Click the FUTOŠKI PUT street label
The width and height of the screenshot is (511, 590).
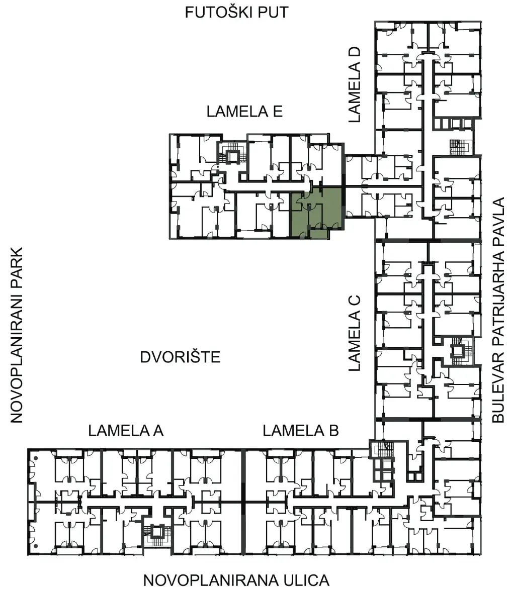tap(236, 13)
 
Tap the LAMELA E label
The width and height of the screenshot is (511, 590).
tap(244, 112)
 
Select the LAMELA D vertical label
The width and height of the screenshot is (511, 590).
tap(355, 84)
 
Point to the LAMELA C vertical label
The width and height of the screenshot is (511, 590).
tap(355, 333)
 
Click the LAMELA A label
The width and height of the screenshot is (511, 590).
tap(126, 431)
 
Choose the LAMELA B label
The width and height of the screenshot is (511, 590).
tap(300, 431)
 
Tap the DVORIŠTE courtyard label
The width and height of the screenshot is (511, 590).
tap(180, 357)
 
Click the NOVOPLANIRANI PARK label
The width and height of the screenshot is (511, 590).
tap(17, 335)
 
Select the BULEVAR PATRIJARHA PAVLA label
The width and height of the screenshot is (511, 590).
tap(498, 310)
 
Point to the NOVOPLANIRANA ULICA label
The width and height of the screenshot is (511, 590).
tap(236, 580)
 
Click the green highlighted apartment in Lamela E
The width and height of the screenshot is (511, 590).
tap(316, 213)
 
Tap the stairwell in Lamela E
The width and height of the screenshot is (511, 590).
tap(233, 153)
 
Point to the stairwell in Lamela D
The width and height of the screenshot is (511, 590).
tap(461, 147)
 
